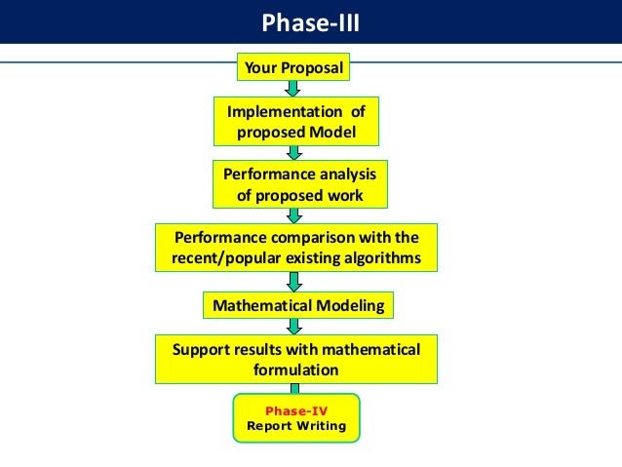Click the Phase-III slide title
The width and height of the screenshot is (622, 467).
(x=310, y=21)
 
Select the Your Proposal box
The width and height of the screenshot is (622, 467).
(x=293, y=68)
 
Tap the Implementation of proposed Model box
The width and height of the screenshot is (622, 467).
(x=295, y=121)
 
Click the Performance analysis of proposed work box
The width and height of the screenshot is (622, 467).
(x=299, y=183)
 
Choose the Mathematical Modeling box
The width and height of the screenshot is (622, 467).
(x=297, y=305)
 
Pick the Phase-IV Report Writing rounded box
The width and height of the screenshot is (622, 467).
(x=295, y=418)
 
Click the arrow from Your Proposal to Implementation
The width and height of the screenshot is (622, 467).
(x=292, y=89)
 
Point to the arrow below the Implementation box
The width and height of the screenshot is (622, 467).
(x=293, y=152)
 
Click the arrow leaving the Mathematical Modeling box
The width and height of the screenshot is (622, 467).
(x=293, y=327)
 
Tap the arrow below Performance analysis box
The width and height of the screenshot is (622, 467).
(x=293, y=214)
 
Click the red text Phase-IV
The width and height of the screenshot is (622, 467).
(x=295, y=411)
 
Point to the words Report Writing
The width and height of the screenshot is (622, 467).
(x=295, y=425)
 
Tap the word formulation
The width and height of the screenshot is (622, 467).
(x=296, y=370)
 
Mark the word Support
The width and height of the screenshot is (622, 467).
(x=199, y=349)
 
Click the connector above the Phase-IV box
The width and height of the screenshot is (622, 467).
(x=293, y=388)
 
